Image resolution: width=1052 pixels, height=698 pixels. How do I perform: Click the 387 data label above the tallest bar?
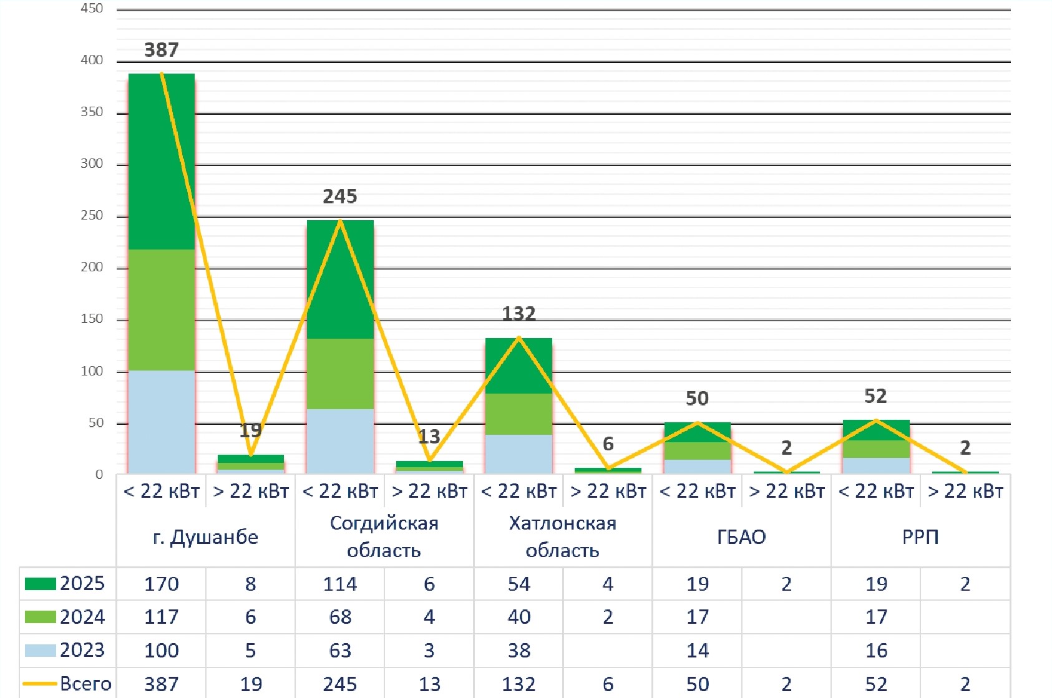coord(161,50)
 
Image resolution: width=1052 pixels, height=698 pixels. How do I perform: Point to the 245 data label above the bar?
coord(340,196)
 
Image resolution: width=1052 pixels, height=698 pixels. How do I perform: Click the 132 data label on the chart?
coord(519,313)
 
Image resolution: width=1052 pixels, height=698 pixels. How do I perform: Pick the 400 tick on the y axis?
coord(92,60)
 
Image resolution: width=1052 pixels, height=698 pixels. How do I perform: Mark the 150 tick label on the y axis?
coord(92,319)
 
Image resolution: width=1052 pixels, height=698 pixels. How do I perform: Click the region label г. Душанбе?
coord(205,537)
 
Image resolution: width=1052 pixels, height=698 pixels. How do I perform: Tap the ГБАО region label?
coord(741,537)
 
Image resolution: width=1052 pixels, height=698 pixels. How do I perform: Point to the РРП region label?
coord(920,537)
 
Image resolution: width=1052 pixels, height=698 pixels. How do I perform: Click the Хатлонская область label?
coord(562,536)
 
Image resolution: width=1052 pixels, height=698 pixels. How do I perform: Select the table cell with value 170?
coord(161,584)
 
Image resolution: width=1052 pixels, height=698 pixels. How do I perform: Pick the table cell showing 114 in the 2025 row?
coord(340,584)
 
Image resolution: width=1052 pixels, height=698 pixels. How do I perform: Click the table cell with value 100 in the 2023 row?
coord(161,651)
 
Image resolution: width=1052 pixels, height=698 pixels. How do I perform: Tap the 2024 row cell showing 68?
coord(340,617)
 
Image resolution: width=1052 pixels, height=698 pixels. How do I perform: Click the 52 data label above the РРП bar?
coord(875,396)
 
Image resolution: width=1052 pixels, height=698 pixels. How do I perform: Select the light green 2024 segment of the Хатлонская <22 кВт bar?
coord(519,414)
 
